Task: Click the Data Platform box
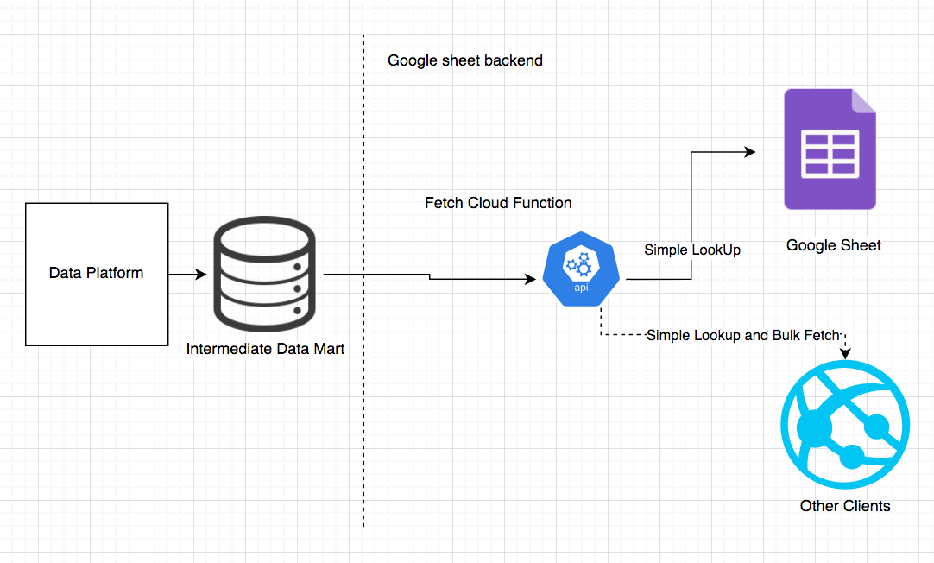pos(96,274)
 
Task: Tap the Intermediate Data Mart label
pos(266,349)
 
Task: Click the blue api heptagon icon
pos(582,269)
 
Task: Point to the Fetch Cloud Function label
pos(498,203)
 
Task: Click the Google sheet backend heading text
pos(465,60)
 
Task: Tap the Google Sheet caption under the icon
pos(834,245)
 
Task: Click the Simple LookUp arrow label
pos(692,250)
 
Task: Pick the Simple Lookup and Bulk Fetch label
pos(743,335)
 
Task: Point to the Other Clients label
pos(845,505)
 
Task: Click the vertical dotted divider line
pos(363,389)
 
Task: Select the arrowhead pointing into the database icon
pos(201,275)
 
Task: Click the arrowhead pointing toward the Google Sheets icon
pos(749,152)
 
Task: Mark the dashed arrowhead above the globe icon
pos(845,353)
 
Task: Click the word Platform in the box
pos(117,273)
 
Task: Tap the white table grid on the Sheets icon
pos(830,153)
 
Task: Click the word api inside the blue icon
pos(582,288)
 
